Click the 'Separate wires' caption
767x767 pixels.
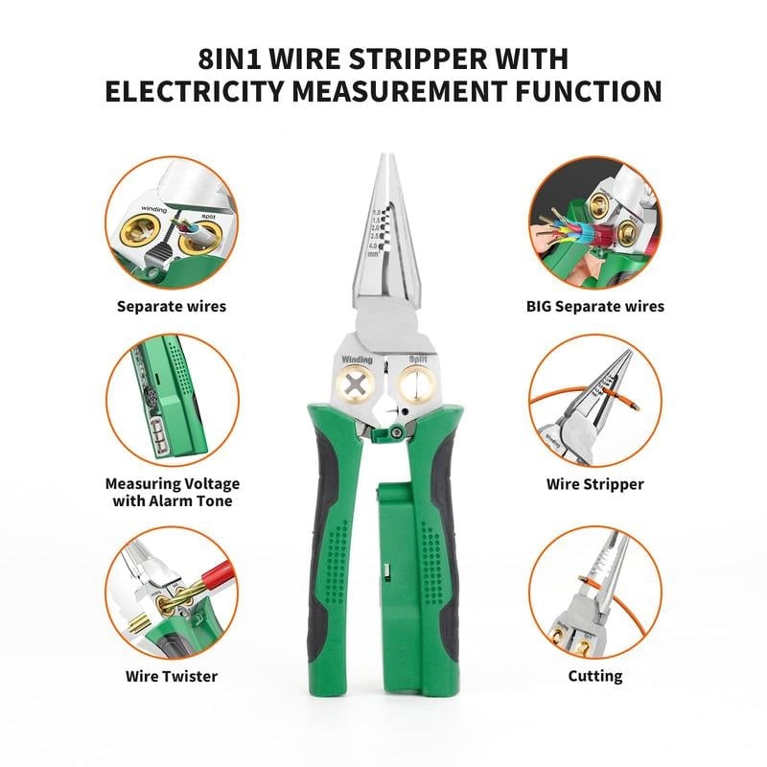172,307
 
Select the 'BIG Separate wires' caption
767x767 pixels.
594,307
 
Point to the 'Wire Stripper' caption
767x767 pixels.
594,484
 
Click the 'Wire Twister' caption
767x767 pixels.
172,676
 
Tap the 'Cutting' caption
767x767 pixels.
594,676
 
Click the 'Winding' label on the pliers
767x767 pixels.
357,360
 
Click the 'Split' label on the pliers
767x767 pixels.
418,360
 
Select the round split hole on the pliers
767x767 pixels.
418,386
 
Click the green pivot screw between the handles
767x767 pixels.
394,434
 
